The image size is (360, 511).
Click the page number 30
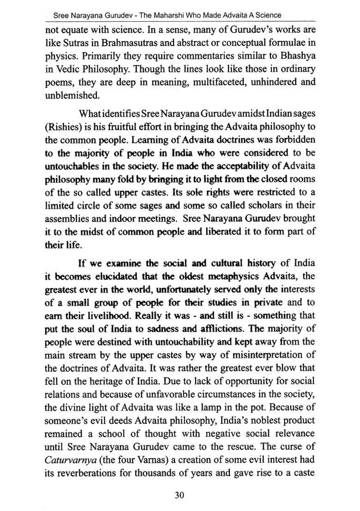180,495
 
